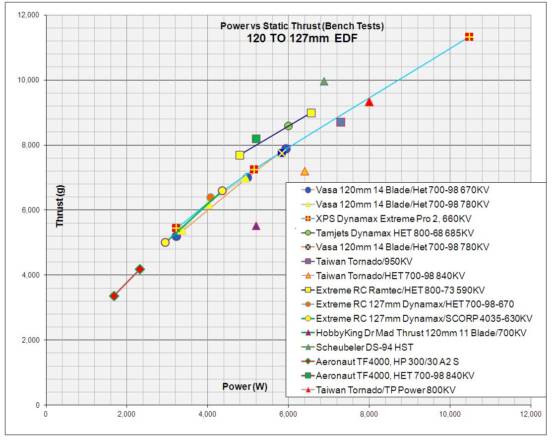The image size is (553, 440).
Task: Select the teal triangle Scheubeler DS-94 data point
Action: [324, 81]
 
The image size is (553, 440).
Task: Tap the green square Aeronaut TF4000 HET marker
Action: [256, 139]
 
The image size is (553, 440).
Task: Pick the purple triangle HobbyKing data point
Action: [256, 226]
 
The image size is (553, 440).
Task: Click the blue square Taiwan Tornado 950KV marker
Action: [340, 122]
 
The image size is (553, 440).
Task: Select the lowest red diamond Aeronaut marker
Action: [114, 296]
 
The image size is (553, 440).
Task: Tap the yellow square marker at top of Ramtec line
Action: [311, 113]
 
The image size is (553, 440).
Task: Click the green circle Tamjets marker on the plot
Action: [288, 126]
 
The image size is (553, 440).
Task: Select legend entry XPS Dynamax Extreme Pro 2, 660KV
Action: [393, 218]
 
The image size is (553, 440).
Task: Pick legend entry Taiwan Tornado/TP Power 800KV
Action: [385, 390]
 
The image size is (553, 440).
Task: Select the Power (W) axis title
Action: [245, 387]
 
